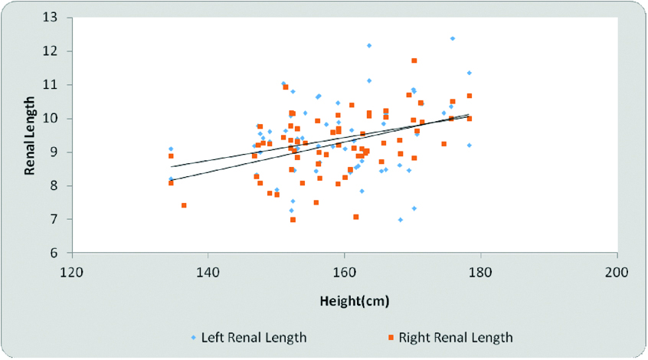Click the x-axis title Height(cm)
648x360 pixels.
(x=354, y=300)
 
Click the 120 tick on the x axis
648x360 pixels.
(x=72, y=272)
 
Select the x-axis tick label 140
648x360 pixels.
(x=208, y=272)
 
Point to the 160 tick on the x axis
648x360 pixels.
(x=345, y=272)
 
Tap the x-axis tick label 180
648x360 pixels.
(x=481, y=272)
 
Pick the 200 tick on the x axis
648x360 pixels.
(x=617, y=272)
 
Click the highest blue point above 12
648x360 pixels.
(x=453, y=38)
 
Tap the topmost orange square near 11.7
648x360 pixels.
(x=414, y=61)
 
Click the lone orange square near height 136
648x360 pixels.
(x=184, y=205)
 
